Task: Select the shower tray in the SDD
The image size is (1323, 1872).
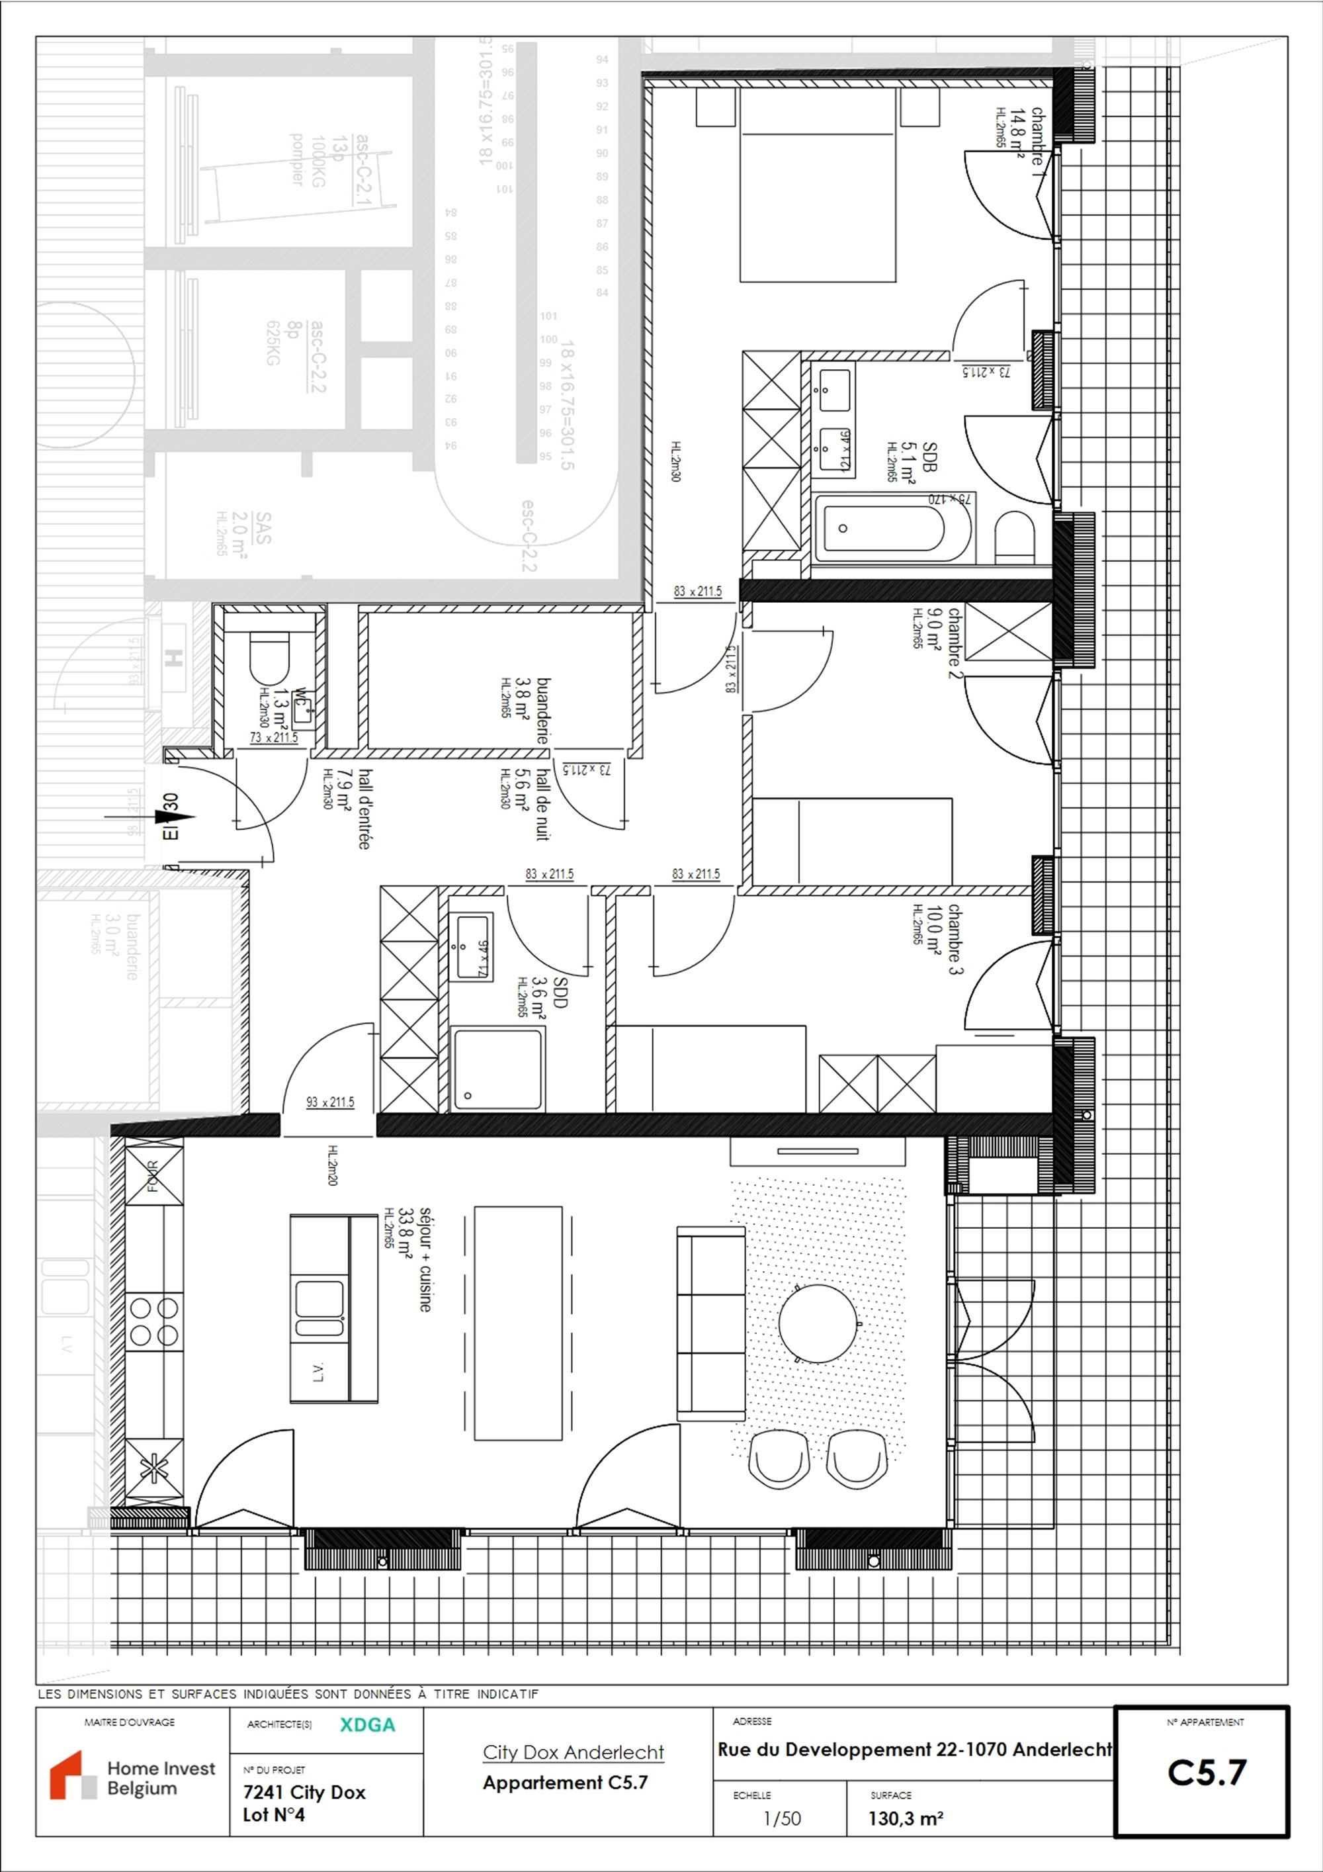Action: tap(498, 1068)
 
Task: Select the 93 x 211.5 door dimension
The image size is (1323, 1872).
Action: tap(329, 1102)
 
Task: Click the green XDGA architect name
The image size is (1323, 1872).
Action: tap(368, 1724)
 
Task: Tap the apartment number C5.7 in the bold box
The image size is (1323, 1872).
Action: tap(1207, 1773)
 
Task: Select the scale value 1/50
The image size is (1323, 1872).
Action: tap(781, 1818)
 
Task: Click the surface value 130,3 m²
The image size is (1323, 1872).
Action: tap(906, 1819)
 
